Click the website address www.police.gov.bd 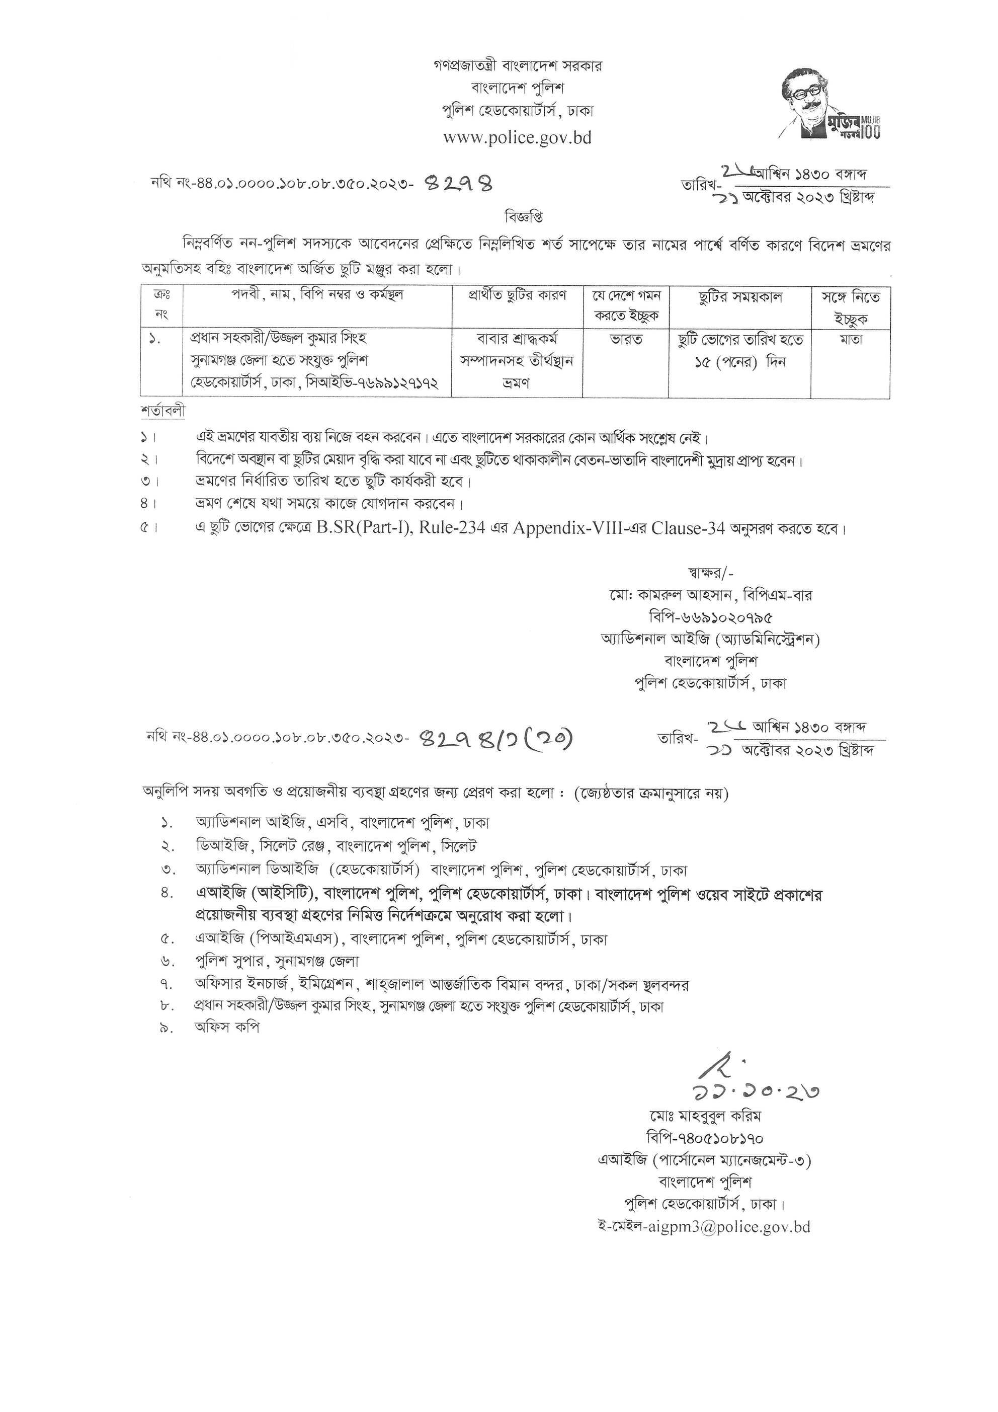coord(517,137)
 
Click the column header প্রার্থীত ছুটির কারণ coord(517,295)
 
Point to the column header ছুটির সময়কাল coord(740,298)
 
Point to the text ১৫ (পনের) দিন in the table coord(740,362)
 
